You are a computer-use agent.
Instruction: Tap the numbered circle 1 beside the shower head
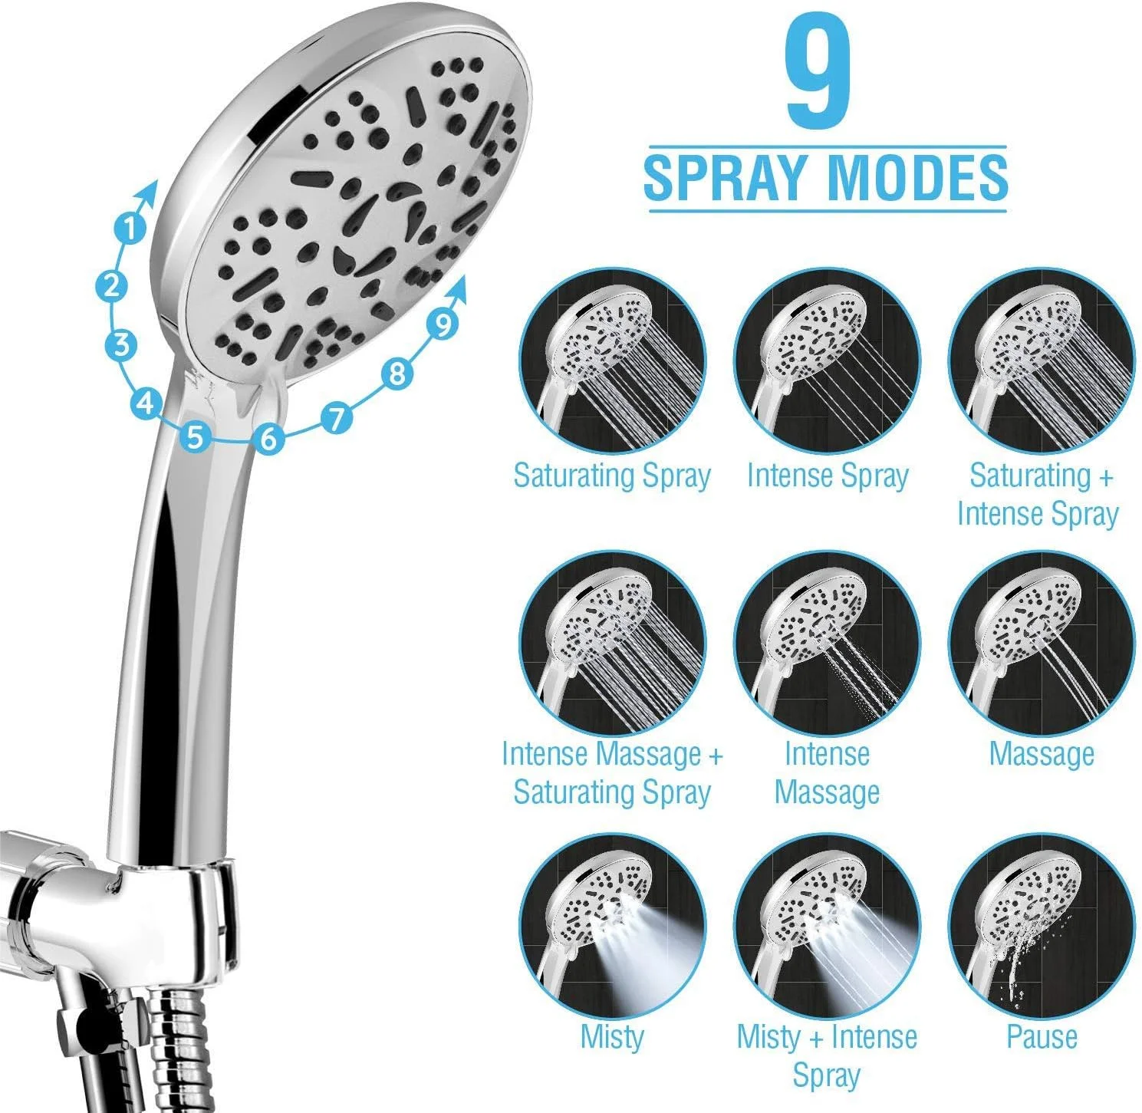130,228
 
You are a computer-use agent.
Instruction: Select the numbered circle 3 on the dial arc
121,345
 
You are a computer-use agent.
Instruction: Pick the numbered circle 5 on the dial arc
196,436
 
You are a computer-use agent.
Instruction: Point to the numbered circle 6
269,438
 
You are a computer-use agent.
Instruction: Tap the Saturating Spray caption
611,476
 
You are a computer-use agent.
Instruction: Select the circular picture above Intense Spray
827,362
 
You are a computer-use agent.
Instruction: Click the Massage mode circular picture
1042,644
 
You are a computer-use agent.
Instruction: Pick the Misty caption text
611,1037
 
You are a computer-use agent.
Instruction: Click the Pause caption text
1042,1037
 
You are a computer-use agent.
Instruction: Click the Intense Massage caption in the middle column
827,774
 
